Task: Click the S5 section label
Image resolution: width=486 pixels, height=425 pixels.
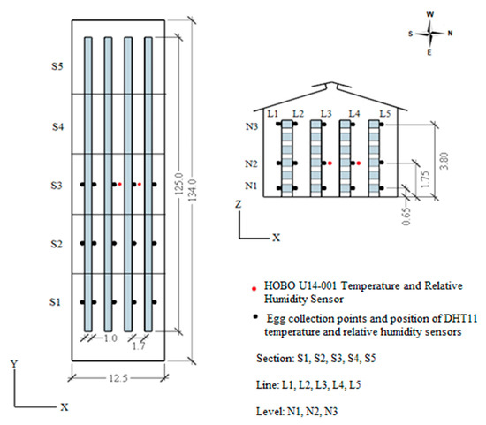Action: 57,66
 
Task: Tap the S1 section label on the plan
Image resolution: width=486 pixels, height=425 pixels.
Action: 55,302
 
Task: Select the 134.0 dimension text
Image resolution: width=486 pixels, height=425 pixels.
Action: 193,190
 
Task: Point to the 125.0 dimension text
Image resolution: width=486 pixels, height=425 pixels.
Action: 179,184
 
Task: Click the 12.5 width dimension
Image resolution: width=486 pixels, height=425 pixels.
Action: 118,378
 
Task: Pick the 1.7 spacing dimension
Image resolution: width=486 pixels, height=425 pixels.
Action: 138,346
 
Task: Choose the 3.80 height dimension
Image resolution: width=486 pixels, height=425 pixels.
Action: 444,161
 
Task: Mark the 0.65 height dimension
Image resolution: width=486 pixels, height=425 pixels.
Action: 406,216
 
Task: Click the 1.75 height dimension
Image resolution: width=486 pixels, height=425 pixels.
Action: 425,178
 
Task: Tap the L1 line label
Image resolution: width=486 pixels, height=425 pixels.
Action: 273,114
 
